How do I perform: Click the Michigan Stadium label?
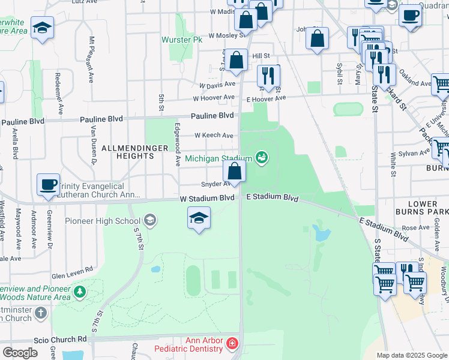(218, 158)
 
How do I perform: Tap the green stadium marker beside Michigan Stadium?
(261, 158)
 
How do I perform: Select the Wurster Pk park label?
(182, 40)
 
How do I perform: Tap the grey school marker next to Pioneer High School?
(149, 221)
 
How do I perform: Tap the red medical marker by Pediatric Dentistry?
(232, 344)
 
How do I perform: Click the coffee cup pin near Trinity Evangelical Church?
(48, 185)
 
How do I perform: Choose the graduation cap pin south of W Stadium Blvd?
(199, 218)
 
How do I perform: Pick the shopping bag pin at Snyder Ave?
(234, 172)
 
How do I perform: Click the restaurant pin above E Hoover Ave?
(268, 76)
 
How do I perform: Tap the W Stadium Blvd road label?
(206, 198)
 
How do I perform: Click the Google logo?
(20, 353)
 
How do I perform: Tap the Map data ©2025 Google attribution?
(411, 355)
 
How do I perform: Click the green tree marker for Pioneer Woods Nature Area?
(79, 292)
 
